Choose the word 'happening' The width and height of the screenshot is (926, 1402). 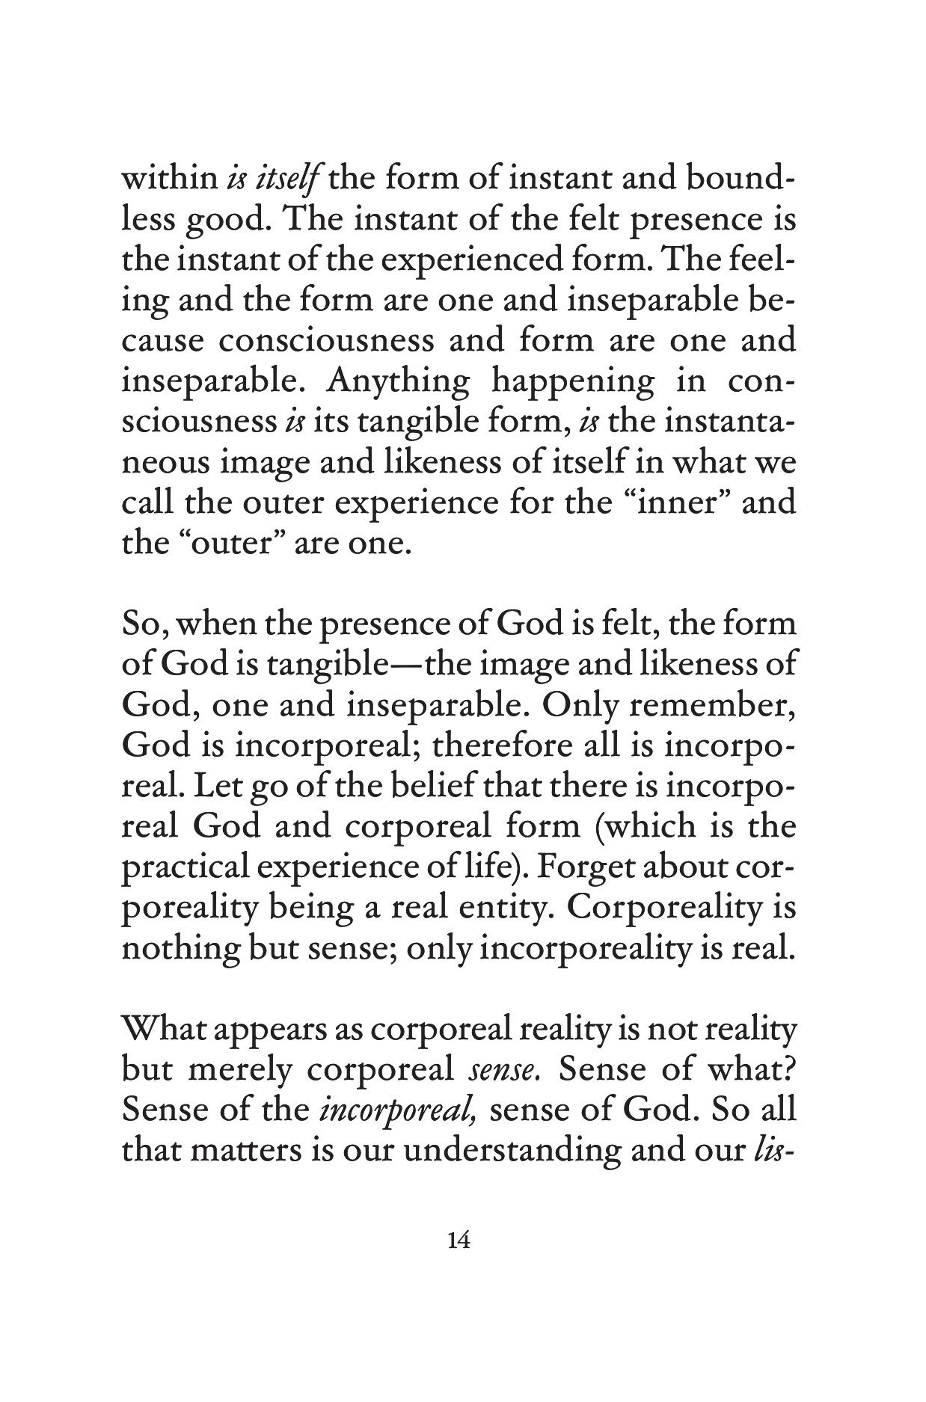point(572,382)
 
